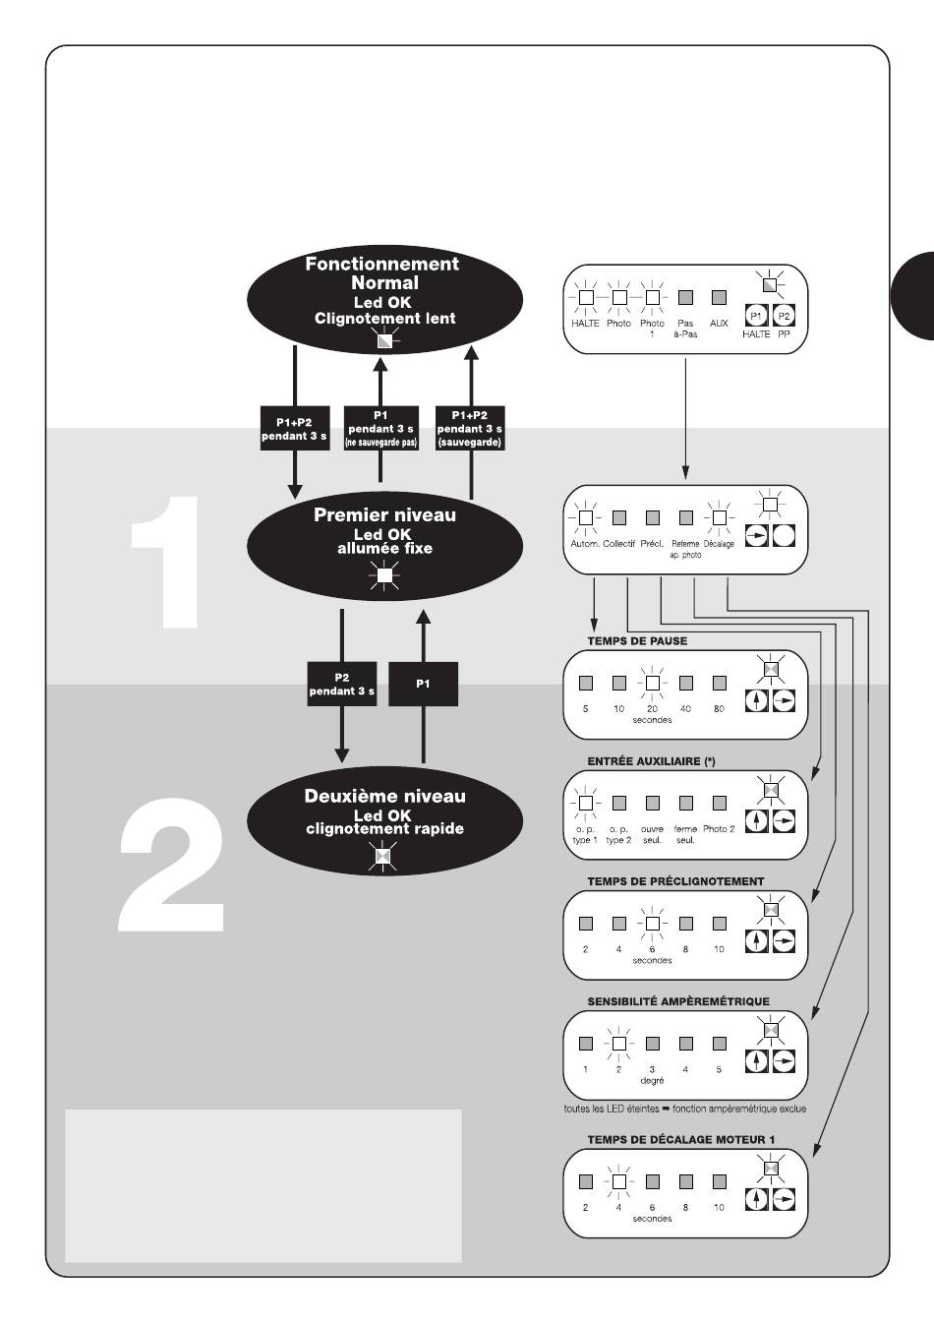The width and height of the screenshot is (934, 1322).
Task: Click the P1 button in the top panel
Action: pos(756,317)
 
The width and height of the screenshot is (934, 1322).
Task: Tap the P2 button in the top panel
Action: pos(784,317)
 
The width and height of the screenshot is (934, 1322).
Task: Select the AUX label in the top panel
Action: pos(719,324)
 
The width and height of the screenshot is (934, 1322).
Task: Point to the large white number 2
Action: pos(172,866)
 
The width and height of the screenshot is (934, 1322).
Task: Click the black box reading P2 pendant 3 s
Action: pos(341,684)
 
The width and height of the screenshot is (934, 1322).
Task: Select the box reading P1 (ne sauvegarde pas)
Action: pos(381,429)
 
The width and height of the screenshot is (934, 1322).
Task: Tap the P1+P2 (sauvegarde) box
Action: pos(470,429)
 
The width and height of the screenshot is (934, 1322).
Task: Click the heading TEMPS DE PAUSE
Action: pos(637,641)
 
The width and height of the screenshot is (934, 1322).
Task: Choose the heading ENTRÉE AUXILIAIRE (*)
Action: pos(651,761)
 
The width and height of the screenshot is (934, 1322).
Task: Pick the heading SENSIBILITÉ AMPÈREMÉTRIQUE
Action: pos(678,1001)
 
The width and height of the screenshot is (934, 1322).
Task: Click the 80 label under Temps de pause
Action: pos(719,709)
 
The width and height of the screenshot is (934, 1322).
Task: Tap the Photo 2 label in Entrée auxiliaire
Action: pos(719,829)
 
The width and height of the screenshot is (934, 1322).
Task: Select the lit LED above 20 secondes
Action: pos(652,683)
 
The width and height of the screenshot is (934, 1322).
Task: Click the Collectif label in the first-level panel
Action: pos(619,544)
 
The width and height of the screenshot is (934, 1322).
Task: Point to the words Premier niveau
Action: pos(384,515)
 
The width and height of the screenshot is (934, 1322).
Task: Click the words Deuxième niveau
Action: pos(384,797)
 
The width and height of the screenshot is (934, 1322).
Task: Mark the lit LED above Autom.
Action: pos(585,517)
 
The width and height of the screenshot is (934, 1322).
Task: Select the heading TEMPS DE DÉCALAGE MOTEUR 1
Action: pos(681,1140)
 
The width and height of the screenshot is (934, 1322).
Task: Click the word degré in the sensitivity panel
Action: pos(652,1081)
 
